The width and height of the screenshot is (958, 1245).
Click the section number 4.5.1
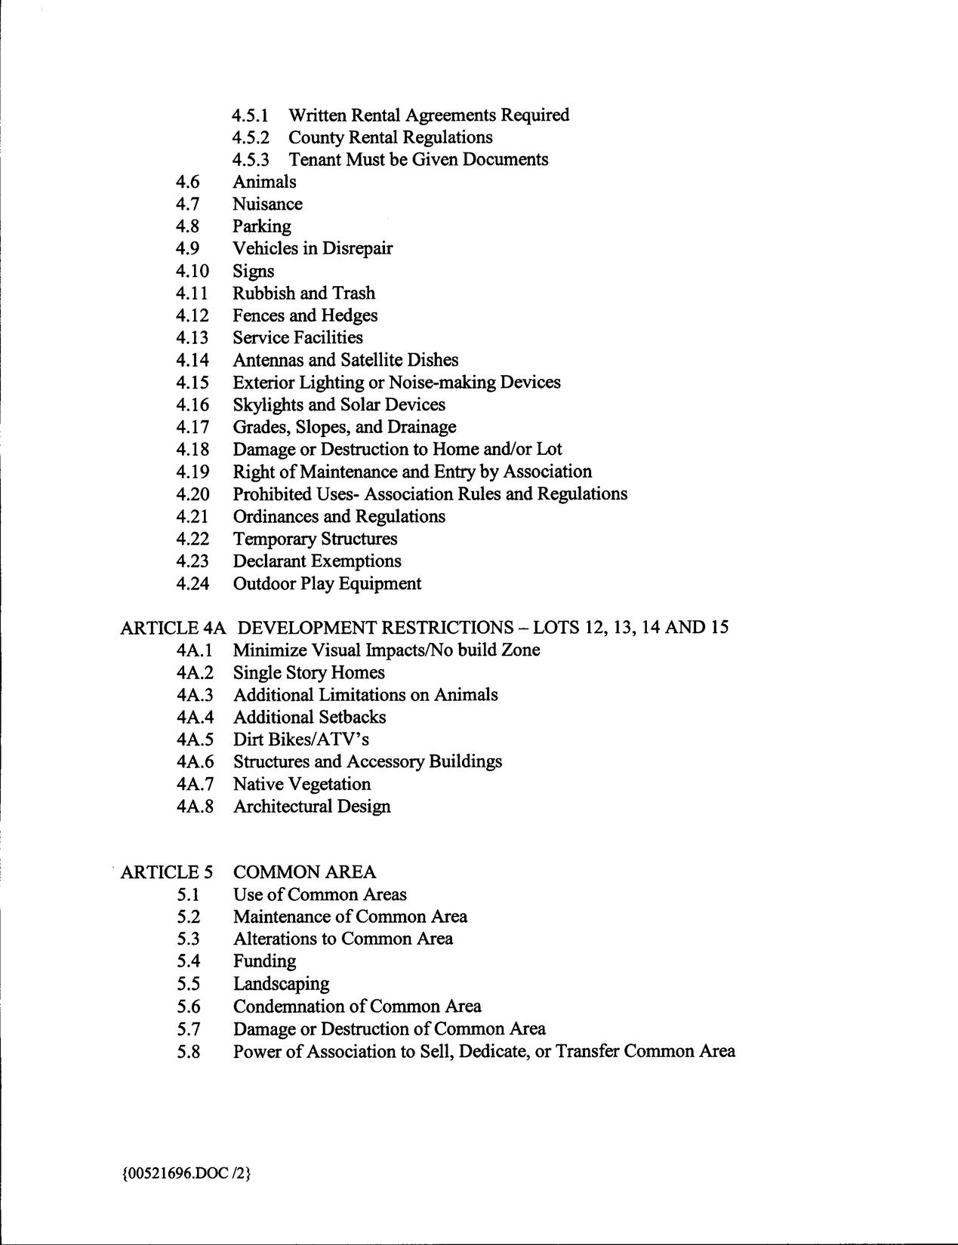251,115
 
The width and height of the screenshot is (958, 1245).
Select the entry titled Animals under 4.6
264,182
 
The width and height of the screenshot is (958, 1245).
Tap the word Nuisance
267,204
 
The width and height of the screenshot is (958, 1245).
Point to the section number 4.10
193,271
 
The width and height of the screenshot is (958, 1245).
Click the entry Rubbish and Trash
303,294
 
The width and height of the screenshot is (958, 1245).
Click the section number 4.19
193,472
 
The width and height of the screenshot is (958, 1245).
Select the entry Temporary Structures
315,539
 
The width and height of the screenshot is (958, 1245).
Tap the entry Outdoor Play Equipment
327,584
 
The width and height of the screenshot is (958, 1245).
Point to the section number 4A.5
196,739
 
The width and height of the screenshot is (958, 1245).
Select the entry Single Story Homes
309,672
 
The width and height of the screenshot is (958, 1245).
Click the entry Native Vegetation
302,784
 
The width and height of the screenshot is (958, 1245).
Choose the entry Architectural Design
312,807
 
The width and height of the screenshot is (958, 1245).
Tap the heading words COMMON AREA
304,872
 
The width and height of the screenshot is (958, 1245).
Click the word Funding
264,961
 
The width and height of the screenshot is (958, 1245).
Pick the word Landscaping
281,984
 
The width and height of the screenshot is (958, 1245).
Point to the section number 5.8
189,1051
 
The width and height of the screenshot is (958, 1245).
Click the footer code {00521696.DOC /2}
185,1174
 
